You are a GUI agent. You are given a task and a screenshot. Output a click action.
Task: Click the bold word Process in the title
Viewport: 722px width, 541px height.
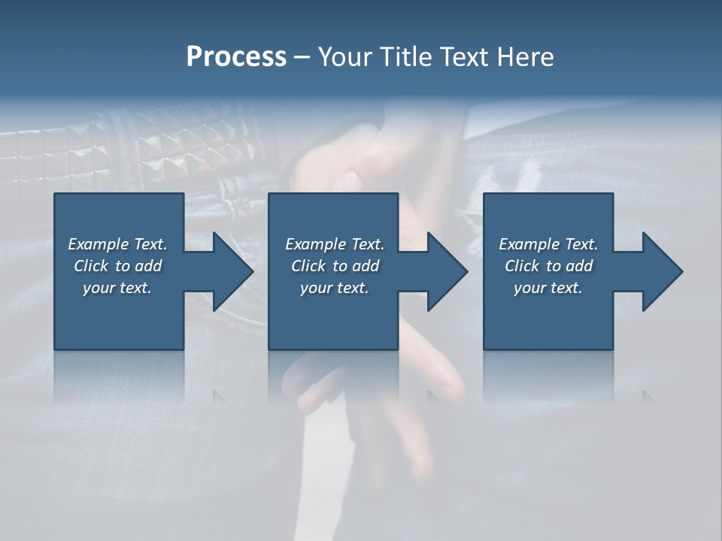[236, 57]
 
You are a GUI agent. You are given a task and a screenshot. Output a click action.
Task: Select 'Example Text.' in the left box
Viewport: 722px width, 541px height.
[117, 244]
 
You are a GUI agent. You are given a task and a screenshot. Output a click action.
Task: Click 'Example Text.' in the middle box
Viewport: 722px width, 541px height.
[335, 244]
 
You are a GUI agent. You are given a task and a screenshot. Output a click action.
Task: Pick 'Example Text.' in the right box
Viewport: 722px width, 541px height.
[548, 244]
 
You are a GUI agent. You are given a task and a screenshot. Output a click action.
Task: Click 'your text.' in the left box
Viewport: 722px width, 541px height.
[117, 288]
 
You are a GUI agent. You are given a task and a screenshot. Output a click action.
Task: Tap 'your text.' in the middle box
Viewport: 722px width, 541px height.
[335, 288]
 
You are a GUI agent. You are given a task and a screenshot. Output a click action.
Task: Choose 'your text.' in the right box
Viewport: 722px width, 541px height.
[548, 288]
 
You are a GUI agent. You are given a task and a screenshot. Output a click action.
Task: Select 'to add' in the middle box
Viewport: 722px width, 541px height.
[356, 266]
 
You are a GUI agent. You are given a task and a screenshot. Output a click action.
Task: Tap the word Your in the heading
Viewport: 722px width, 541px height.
[345, 57]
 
